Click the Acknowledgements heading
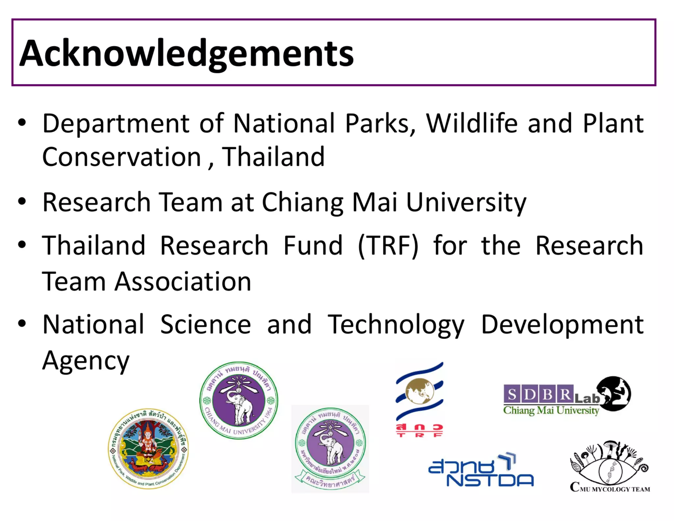point(186,53)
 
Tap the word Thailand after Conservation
point(273,157)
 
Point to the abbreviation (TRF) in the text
point(388,246)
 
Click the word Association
point(183,282)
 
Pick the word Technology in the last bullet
point(396,325)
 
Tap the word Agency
point(86,361)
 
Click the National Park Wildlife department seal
point(148,449)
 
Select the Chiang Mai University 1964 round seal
point(239,401)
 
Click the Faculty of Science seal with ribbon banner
point(330,449)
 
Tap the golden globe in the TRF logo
point(420,391)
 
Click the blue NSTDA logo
point(480,471)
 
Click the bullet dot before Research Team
point(22,201)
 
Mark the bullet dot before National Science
point(22,323)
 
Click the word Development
point(562,325)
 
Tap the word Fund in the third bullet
point(313,246)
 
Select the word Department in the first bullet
point(116,123)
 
